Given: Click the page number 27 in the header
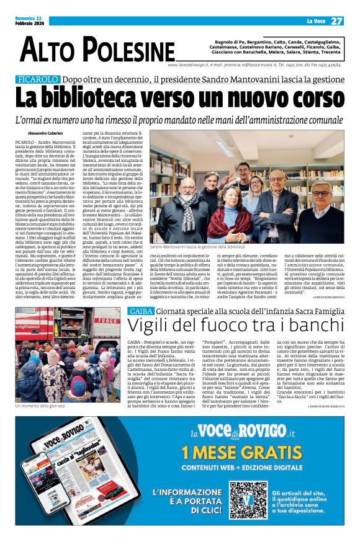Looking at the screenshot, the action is [336, 21].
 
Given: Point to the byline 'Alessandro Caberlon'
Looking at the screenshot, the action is [46, 134].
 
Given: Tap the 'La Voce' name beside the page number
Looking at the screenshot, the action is [310, 21].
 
